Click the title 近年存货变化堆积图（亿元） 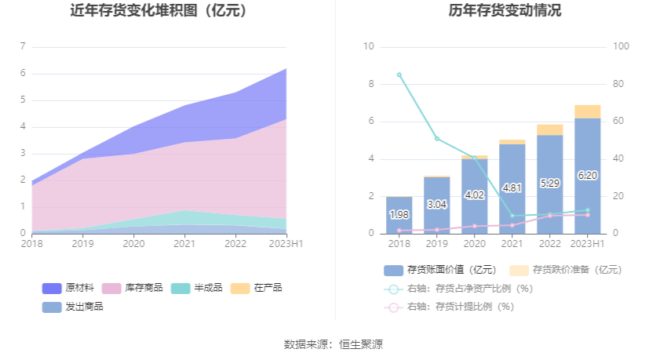(159, 11)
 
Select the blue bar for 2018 (399, 215)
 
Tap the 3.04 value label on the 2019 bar (437, 205)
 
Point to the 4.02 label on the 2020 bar (475, 195)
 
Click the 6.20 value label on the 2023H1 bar (588, 176)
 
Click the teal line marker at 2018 (399, 75)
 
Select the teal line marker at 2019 (437, 139)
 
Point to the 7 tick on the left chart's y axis (23, 47)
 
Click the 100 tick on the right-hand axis (621, 47)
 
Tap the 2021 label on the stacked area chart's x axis (184, 245)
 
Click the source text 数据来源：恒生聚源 (333, 344)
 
